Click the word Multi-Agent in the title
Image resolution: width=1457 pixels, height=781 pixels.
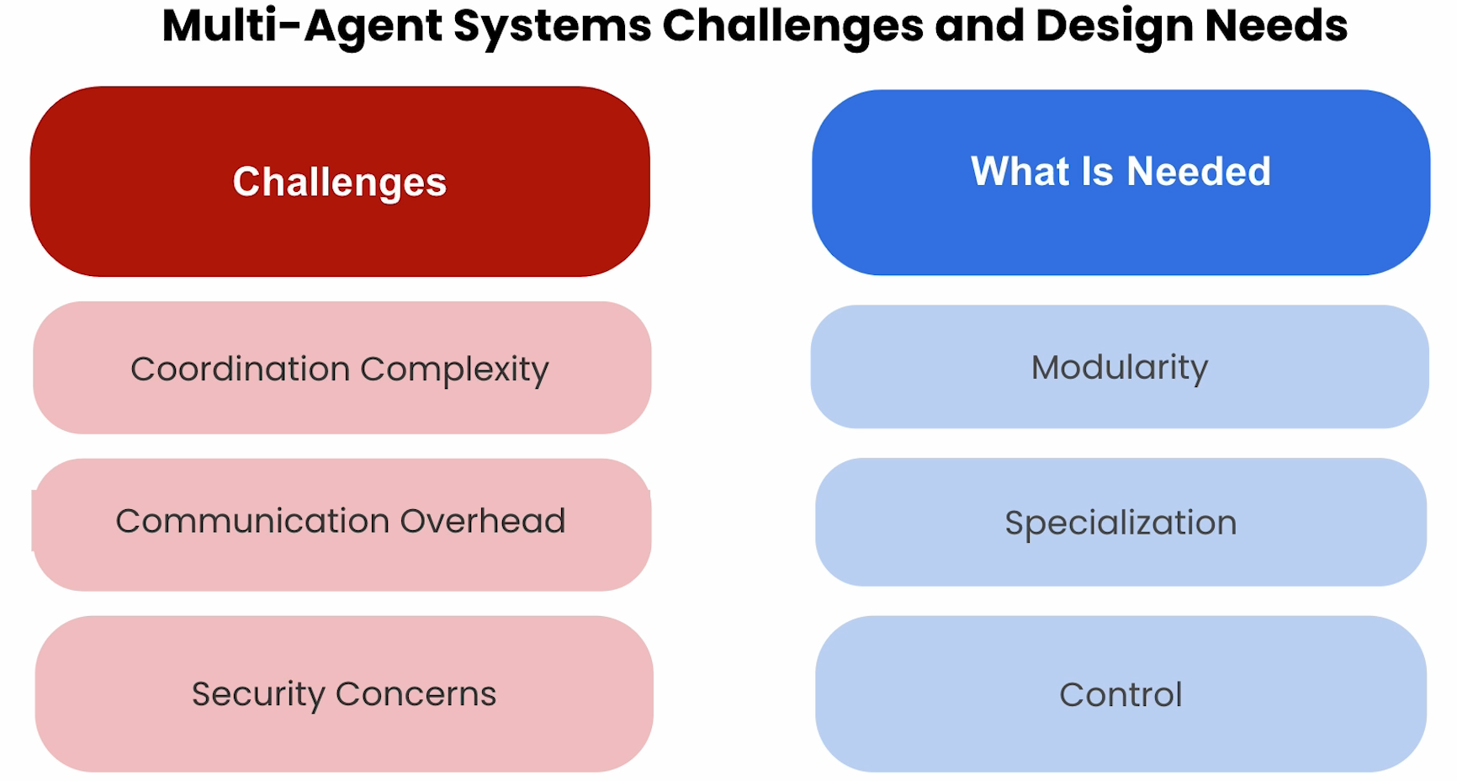click(x=302, y=26)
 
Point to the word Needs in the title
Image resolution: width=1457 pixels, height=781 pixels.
click(x=1276, y=25)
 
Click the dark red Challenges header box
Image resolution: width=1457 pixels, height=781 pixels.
click(x=340, y=181)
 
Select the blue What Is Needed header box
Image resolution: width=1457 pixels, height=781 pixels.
click(x=1121, y=182)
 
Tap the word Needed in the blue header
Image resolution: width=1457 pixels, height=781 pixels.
click(x=1198, y=172)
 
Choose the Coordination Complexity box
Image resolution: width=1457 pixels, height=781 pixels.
click(x=342, y=368)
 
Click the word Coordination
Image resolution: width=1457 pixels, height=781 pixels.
click(x=240, y=369)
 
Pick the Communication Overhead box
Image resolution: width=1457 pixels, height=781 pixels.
click(x=342, y=524)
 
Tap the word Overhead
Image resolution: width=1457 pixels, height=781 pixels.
click(x=482, y=521)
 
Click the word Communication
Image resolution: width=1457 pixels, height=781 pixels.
click(x=252, y=521)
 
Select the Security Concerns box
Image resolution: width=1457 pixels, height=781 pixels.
click(x=344, y=693)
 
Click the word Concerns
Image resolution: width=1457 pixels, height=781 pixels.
click(x=416, y=694)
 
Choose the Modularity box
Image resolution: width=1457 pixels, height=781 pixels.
click(x=1120, y=367)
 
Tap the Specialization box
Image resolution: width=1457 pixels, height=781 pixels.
click(x=1121, y=522)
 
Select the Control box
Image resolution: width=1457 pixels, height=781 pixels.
click(x=1121, y=693)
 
